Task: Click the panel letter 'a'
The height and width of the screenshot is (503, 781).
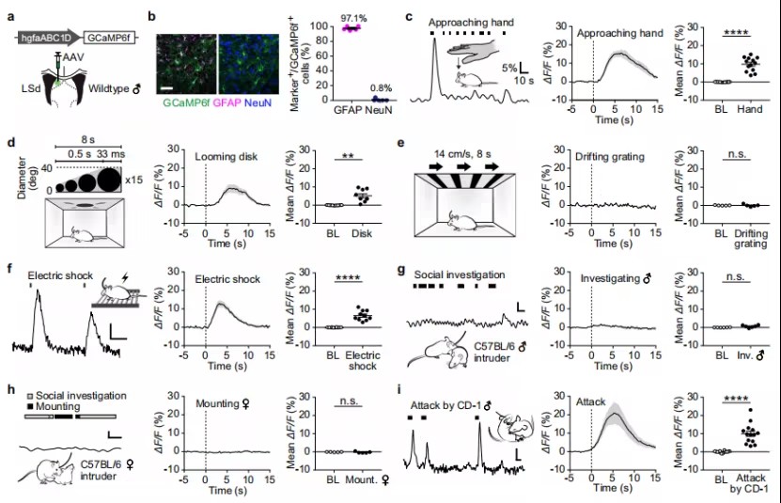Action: [x=12, y=16]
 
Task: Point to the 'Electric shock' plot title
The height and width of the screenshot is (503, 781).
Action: [x=223, y=278]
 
